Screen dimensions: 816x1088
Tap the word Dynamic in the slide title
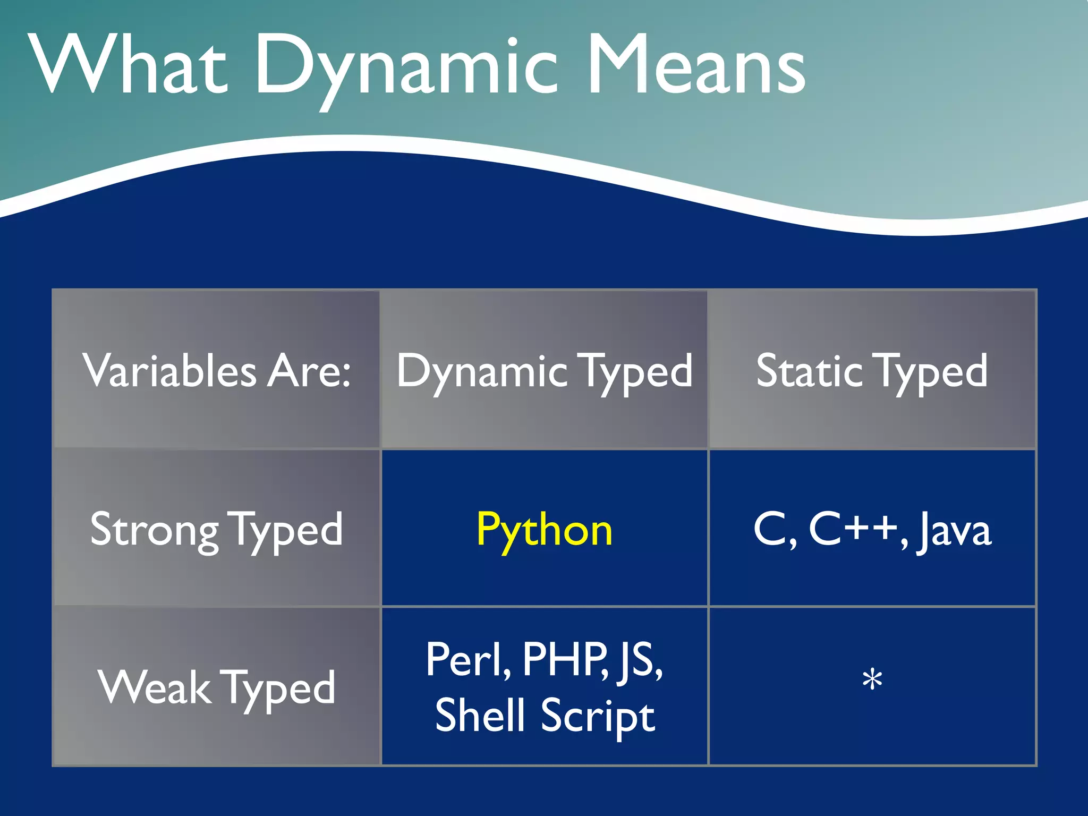406,66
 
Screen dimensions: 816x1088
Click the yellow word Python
544,530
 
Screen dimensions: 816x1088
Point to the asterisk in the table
872,681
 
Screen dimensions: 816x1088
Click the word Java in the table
954,530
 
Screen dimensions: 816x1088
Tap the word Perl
467,660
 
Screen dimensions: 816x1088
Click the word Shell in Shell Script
480,715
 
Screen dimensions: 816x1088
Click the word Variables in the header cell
169,371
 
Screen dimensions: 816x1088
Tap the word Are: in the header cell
309,371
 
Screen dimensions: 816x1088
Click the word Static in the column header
810,371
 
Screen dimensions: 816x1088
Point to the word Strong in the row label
154,530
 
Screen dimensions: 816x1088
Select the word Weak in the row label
154,687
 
